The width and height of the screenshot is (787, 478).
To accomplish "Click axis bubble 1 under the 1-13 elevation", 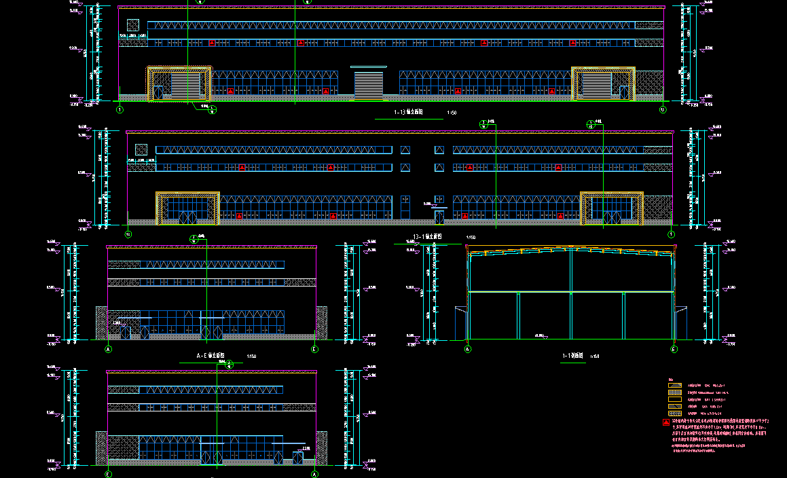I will click(x=120, y=109).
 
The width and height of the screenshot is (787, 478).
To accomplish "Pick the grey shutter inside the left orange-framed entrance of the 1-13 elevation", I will click(x=185, y=86).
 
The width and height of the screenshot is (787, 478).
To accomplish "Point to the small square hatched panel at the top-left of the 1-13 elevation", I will click(x=133, y=25).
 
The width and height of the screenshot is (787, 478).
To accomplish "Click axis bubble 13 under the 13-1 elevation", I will click(x=128, y=234).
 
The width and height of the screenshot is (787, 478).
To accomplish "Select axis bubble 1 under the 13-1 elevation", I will click(x=671, y=234).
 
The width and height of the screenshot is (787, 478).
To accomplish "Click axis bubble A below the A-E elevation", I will click(x=108, y=349).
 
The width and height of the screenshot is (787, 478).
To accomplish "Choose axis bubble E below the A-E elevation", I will click(x=314, y=349).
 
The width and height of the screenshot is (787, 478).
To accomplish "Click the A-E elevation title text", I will click(x=210, y=356).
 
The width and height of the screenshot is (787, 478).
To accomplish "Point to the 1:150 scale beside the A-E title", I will click(x=251, y=356).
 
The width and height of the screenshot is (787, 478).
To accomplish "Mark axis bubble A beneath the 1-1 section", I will click(x=467, y=349).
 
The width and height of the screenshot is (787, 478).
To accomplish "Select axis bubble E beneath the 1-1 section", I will click(x=674, y=349).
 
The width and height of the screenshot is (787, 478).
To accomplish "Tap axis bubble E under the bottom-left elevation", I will click(x=108, y=475).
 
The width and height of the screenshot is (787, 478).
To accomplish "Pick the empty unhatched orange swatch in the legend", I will click(x=674, y=385).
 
